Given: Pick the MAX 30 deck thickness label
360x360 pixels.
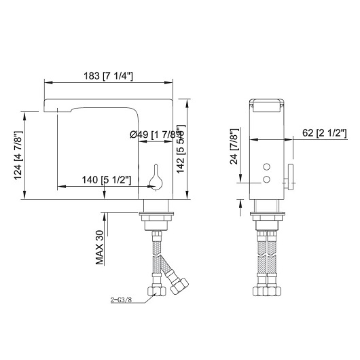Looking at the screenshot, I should tap(98, 247).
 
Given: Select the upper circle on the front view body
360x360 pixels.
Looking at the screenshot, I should tap(266, 166).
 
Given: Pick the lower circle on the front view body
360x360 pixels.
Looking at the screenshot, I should tap(266, 179).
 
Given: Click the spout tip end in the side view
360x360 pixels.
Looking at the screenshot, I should tap(48, 105).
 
